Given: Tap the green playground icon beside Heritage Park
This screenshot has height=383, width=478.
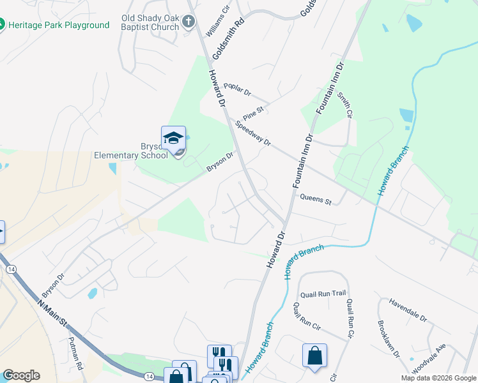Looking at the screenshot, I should [x=2, y=25].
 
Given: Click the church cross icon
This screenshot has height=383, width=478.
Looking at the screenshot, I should [x=188, y=22].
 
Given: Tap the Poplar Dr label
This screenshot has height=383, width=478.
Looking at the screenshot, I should [x=238, y=89].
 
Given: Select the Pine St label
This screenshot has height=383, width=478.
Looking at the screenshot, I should [x=254, y=112].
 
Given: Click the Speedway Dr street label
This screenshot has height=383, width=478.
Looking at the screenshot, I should [x=253, y=133].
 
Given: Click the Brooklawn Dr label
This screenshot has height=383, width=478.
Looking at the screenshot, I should [x=388, y=339].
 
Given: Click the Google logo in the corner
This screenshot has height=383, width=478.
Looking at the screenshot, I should [x=21, y=375].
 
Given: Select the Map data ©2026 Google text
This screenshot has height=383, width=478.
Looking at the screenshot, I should [x=438, y=378].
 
